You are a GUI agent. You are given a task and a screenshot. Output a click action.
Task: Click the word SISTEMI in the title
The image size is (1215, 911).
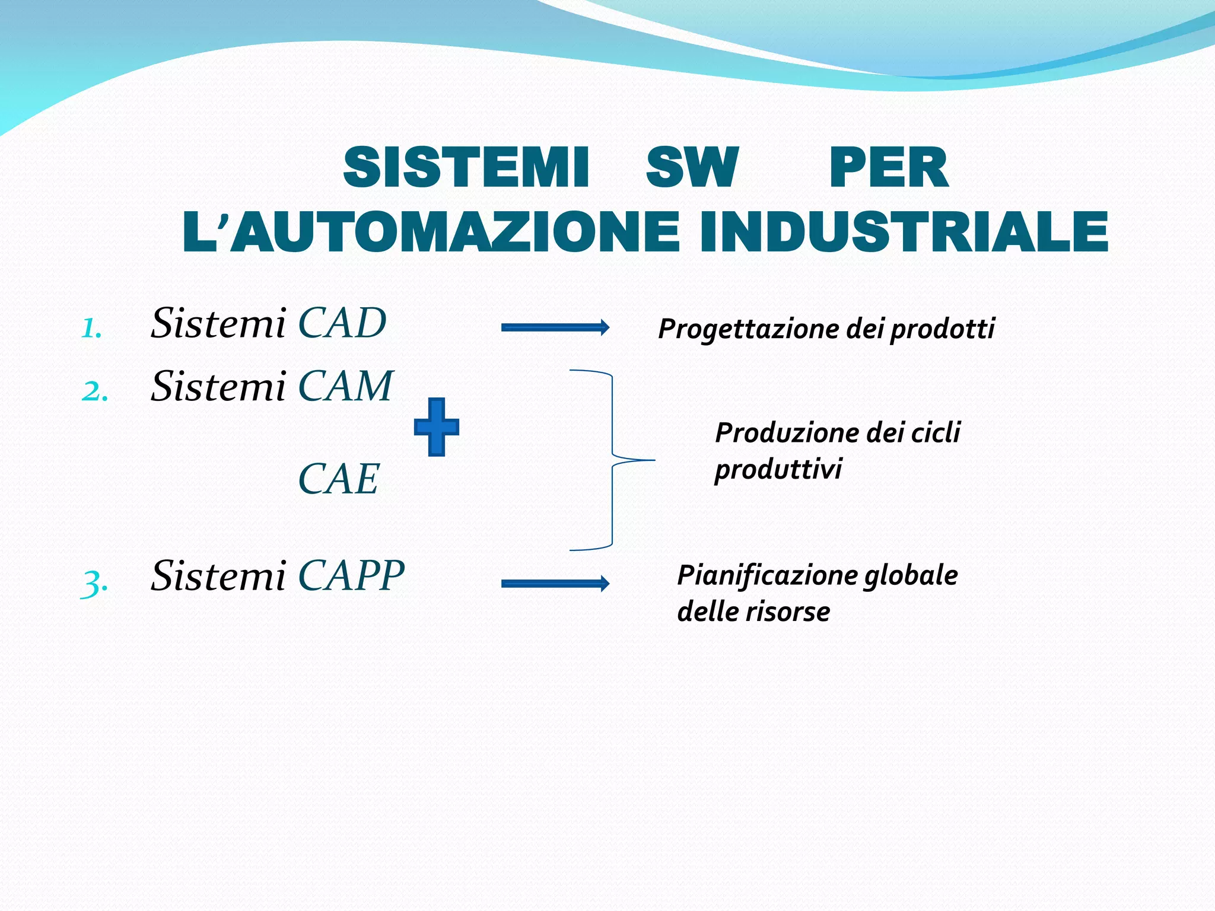[466, 168]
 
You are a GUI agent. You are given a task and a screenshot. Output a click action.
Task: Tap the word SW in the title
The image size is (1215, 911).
[692, 168]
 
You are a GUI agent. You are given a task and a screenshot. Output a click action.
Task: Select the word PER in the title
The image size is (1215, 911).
[889, 168]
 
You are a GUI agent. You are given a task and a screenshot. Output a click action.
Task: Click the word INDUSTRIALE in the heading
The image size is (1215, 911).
[904, 232]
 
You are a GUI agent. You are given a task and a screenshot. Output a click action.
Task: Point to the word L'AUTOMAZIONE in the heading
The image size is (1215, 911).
[431, 232]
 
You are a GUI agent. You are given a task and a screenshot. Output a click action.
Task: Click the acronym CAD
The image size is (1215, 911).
[342, 324]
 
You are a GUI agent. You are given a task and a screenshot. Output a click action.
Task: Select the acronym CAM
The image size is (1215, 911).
[345, 387]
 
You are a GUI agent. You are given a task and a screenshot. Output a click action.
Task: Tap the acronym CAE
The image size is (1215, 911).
[338, 479]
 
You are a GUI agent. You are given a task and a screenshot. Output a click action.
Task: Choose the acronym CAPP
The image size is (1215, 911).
[351, 576]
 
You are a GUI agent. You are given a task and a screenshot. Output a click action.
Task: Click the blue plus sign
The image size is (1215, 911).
[437, 427]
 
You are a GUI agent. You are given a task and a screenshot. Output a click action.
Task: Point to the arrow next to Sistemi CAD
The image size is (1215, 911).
[555, 327]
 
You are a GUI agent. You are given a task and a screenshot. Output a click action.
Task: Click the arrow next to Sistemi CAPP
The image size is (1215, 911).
[555, 584]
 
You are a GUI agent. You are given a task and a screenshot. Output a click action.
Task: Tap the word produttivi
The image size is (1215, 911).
[778, 470]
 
